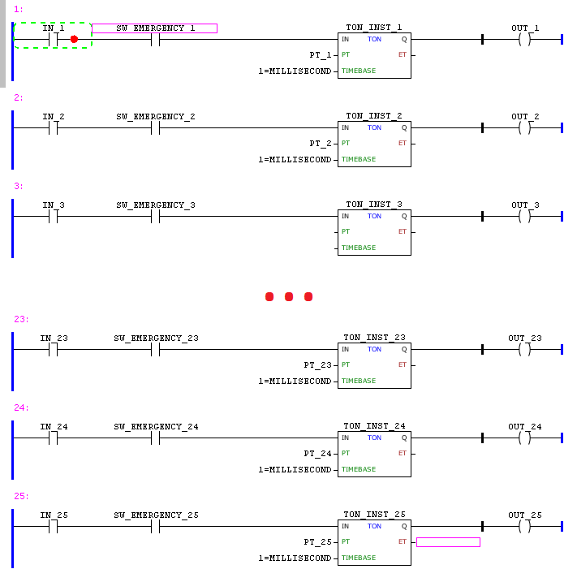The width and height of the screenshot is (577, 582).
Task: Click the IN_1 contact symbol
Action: [x=54, y=39]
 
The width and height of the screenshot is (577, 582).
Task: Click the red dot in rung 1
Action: [x=74, y=39]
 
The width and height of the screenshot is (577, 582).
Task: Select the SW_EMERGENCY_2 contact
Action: [x=156, y=127]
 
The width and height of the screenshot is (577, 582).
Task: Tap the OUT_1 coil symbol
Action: [x=524, y=39]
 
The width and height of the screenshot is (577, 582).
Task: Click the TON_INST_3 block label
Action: [x=373, y=205]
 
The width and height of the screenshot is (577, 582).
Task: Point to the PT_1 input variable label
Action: [x=321, y=54]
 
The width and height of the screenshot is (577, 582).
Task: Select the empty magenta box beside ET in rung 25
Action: [x=448, y=541]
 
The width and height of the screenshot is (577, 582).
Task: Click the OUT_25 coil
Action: [x=524, y=526]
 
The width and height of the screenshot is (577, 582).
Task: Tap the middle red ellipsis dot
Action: [x=289, y=297]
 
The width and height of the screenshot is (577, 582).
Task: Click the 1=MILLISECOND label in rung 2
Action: [x=295, y=160]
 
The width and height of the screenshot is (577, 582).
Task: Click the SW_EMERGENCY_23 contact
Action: [x=156, y=349]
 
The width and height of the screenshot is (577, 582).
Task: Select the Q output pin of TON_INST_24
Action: [x=404, y=438]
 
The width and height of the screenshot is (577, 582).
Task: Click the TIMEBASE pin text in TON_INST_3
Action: [x=358, y=248]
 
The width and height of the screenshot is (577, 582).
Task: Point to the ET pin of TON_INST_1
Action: [x=403, y=54]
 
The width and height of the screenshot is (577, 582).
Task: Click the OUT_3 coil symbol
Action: [x=524, y=216]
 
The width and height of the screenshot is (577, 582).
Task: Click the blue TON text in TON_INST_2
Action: [x=374, y=127]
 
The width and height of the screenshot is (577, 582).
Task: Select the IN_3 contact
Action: [x=54, y=216]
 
